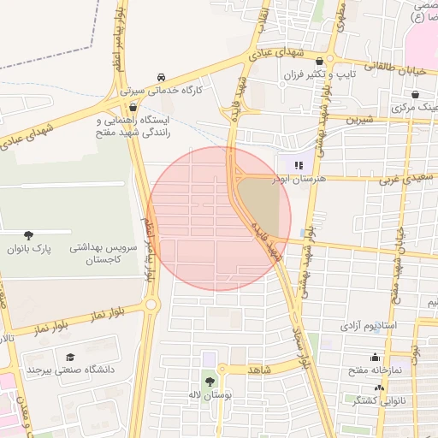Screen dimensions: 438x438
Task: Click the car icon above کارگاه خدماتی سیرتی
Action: (163, 75)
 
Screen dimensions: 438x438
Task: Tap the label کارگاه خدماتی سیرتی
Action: (163, 88)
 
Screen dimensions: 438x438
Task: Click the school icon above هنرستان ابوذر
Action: (299, 165)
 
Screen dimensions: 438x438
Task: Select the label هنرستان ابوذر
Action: (298, 180)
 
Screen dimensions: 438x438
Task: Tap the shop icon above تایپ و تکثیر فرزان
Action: (320, 62)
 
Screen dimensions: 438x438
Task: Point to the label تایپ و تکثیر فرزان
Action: (318, 75)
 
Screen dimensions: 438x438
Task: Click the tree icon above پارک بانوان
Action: (30, 234)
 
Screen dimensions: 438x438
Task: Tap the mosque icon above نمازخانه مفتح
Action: (375, 358)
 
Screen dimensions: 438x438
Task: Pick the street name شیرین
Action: (359, 121)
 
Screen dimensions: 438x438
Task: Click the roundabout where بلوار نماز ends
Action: (152, 304)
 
